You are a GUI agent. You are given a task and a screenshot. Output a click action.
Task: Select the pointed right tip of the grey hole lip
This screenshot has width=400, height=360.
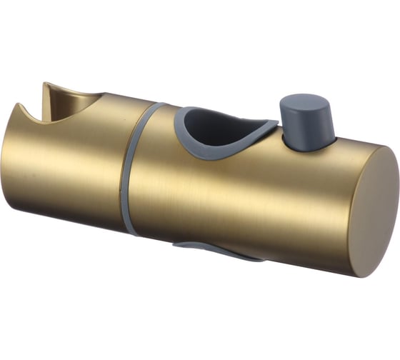(x=276, y=124)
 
